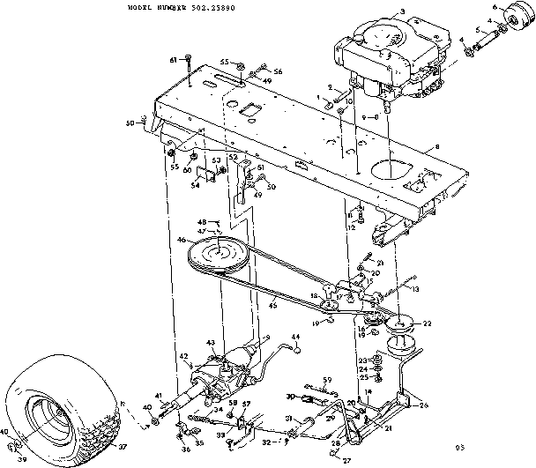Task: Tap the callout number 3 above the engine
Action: [x=401, y=11]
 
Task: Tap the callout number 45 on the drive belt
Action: [x=272, y=307]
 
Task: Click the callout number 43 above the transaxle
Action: [x=211, y=342]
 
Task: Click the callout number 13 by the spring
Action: [x=414, y=288]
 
